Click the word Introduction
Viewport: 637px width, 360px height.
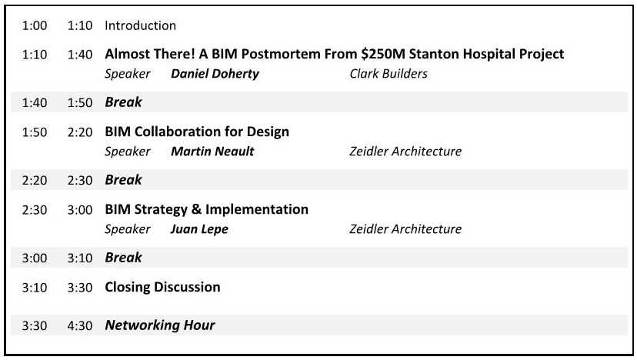pos(140,25)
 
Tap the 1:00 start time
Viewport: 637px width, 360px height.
pos(35,25)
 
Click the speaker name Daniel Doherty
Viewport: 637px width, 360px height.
pos(215,74)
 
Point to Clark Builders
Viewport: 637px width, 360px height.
pos(389,74)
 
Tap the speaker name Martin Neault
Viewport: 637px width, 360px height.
pos(212,151)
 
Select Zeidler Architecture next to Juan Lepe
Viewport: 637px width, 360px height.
pos(405,228)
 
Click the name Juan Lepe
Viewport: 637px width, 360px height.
pos(199,229)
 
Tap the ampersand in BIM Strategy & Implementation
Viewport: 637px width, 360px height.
pos(196,209)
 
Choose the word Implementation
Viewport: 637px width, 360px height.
pos(257,210)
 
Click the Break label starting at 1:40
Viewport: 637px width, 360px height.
pos(124,102)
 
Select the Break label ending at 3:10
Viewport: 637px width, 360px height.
pos(124,257)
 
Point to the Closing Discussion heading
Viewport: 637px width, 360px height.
pos(162,287)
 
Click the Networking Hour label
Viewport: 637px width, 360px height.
pos(160,325)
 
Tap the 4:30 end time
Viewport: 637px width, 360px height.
pos(80,325)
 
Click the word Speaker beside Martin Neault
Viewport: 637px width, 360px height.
pos(128,152)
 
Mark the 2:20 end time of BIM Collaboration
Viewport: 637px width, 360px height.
pos(80,132)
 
